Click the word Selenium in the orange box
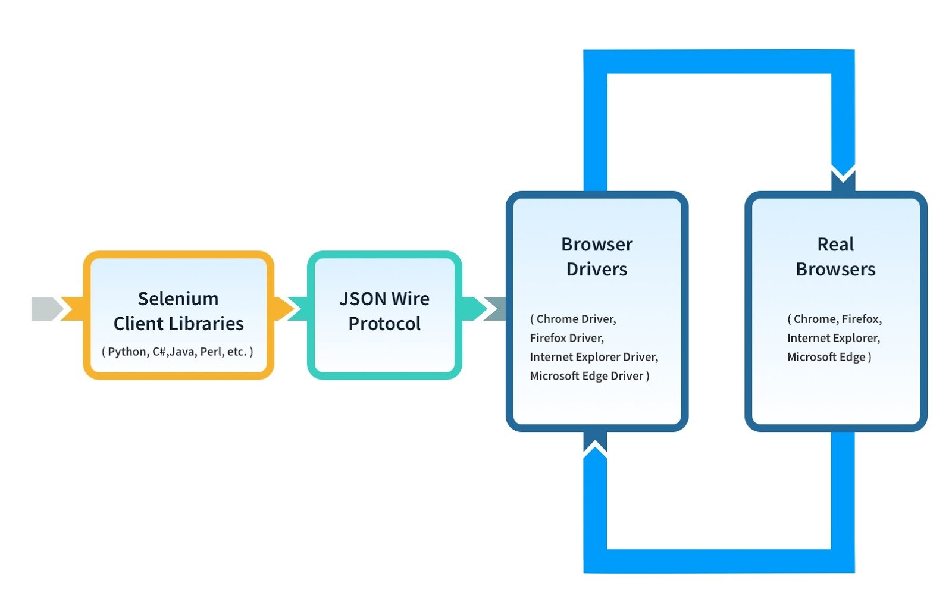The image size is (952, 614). [178, 299]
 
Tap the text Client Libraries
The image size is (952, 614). [178, 324]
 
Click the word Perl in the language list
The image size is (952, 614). [211, 352]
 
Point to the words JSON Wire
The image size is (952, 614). [384, 299]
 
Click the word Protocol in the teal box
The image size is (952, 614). [384, 324]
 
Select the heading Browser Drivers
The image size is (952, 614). [597, 256]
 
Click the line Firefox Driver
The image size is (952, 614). [566, 338]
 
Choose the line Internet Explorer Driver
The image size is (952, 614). [594, 357]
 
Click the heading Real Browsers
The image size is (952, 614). [835, 256]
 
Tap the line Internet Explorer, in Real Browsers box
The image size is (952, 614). [833, 338]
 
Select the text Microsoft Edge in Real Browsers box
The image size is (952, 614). [826, 357]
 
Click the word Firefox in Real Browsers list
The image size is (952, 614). [862, 319]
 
